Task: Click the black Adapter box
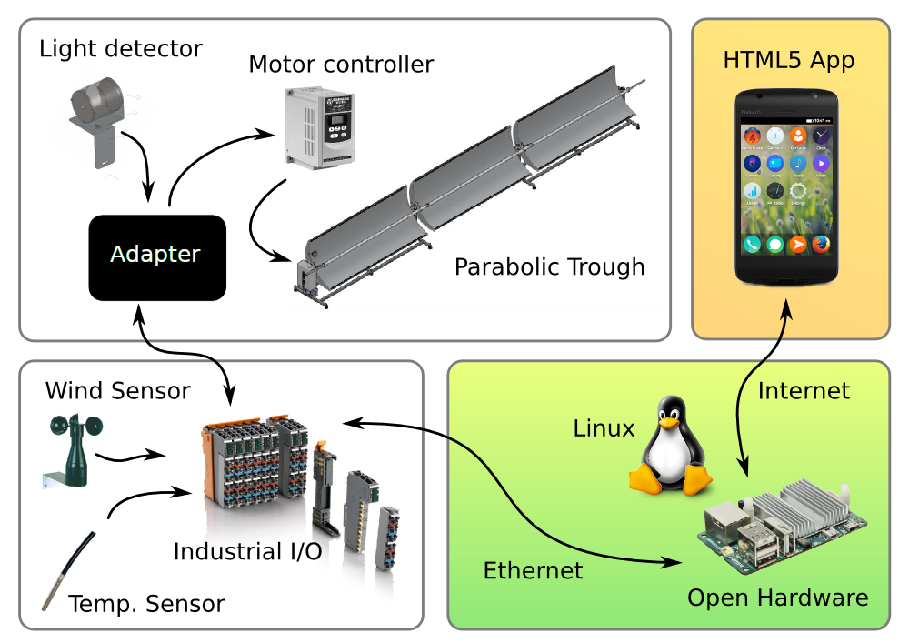[x=156, y=257]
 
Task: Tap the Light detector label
[x=121, y=48]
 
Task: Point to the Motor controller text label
[x=341, y=65]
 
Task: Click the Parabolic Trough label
[x=549, y=267]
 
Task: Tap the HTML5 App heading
[x=789, y=61]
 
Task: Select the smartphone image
[x=788, y=186]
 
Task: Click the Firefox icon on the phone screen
[x=821, y=244]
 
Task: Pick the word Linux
[x=604, y=428]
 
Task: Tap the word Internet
[x=804, y=391]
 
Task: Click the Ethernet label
[x=533, y=571]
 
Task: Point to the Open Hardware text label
[x=777, y=598]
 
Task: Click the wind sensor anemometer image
[x=65, y=450]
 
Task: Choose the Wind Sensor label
[x=118, y=391]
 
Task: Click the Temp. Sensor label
[x=146, y=604]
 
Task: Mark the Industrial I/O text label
[x=247, y=552]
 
